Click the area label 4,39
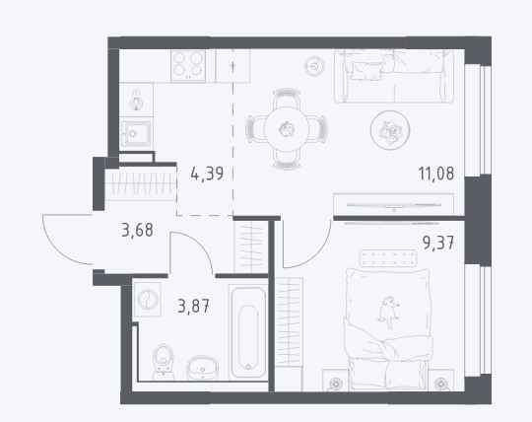(207, 174)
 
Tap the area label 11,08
(436, 174)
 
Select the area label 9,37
(438, 243)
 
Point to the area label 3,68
(137, 230)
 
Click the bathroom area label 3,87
(193, 306)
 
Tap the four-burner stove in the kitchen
(188, 66)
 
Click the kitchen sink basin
(136, 133)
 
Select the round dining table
(287, 129)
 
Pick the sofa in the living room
(394, 76)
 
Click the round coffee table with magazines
(390, 130)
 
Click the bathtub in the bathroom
(248, 332)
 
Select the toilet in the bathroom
(164, 362)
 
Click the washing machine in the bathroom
(148, 300)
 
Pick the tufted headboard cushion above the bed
(388, 258)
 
